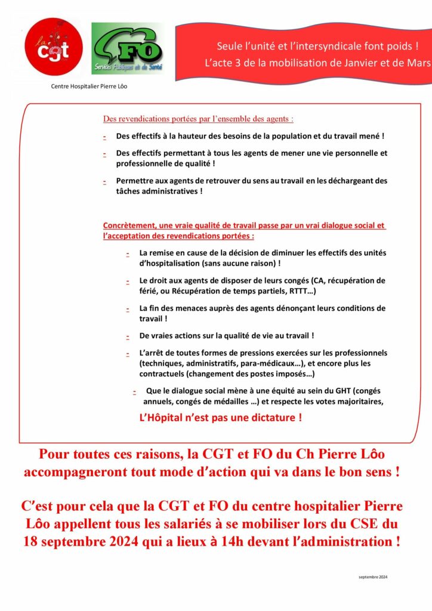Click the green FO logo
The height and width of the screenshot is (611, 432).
pyautogui.click(x=126, y=48)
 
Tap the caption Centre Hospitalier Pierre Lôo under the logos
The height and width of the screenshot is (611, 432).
pyautogui.click(x=89, y=86)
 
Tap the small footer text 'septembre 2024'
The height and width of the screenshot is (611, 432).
pyautogui.click(x=373, y=577)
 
